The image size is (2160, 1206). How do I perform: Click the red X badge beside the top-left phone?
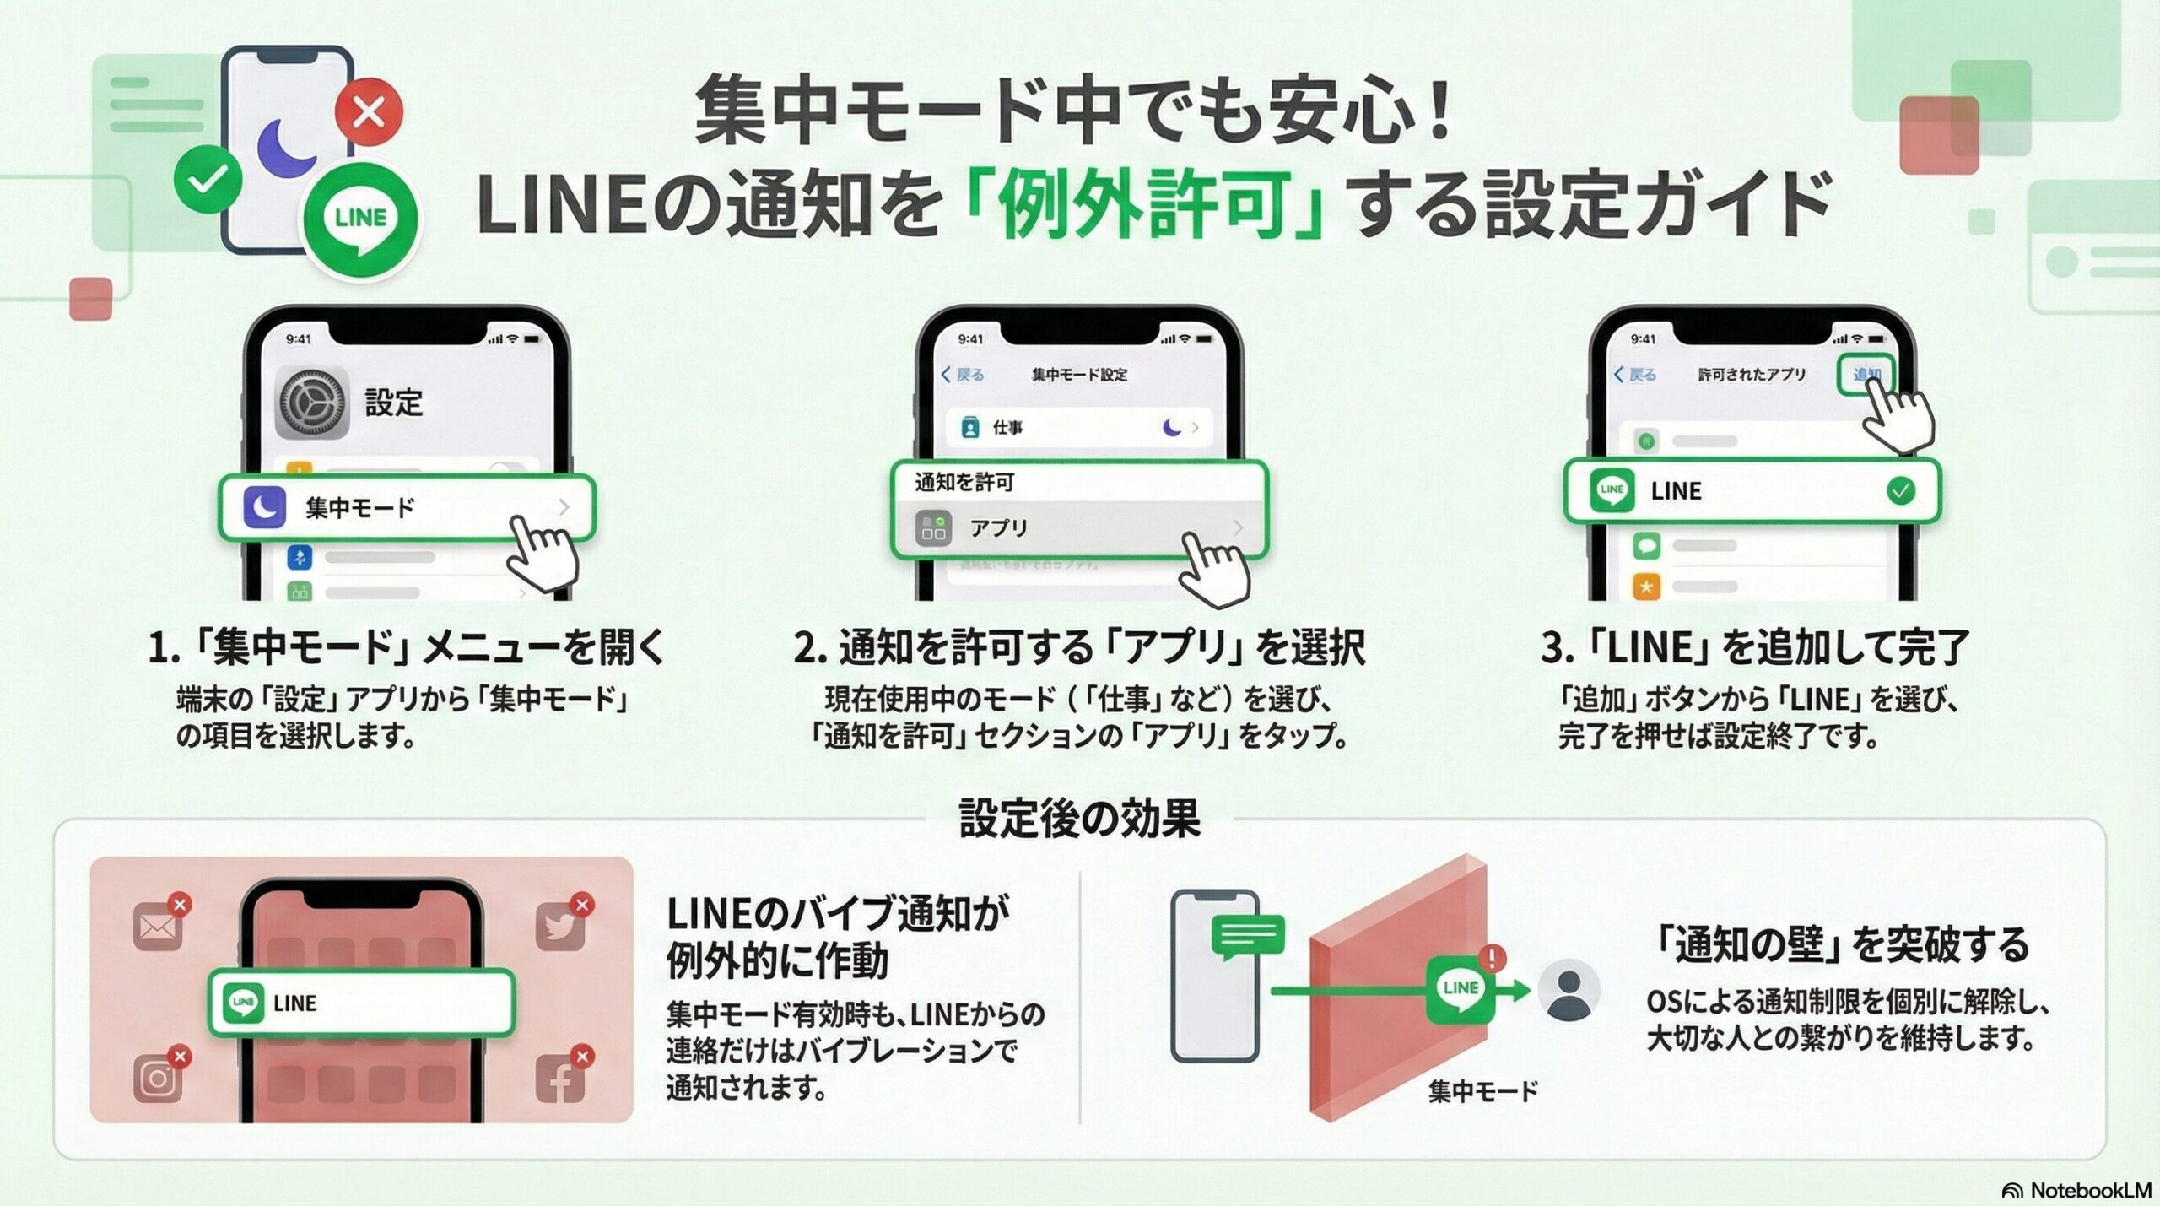369,111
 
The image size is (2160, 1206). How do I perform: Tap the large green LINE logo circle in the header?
361,218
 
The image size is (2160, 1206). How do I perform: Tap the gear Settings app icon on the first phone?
312,403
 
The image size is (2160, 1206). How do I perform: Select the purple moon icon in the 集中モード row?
264,507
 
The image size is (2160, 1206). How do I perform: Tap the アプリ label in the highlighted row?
999,528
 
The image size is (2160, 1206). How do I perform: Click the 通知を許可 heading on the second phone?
964,482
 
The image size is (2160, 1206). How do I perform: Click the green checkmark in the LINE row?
1900,490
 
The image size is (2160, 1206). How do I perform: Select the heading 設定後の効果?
1079,818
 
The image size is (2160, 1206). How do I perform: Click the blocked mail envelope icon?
158,927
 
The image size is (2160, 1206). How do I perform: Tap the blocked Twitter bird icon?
560,927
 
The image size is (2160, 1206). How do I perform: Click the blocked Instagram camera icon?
158,1079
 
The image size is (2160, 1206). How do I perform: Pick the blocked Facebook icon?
560,1079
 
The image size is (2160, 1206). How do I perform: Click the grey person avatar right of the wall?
1569,990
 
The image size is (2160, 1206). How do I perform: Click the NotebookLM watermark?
2076,1190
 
